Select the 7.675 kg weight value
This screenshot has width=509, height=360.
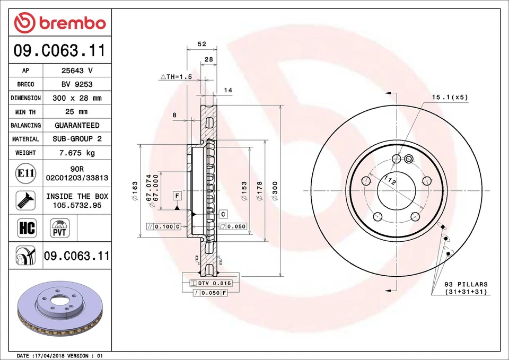tap(77, 153)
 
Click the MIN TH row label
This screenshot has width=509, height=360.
tap(25, 112)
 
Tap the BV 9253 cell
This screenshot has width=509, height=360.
tap(77, 84)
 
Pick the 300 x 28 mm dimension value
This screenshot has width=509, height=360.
tap(77, 98)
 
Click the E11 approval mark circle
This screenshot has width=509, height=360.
tap(25, 173)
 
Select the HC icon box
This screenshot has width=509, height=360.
tap(26, 229)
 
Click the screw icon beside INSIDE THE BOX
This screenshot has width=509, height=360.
tap(25, 200)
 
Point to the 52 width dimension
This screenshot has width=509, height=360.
tap(201, 45)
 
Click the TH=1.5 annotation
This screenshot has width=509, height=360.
tap(175, 76)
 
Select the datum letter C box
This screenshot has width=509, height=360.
tap(223, 214)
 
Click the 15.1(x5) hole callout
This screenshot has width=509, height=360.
tap(450, 97)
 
